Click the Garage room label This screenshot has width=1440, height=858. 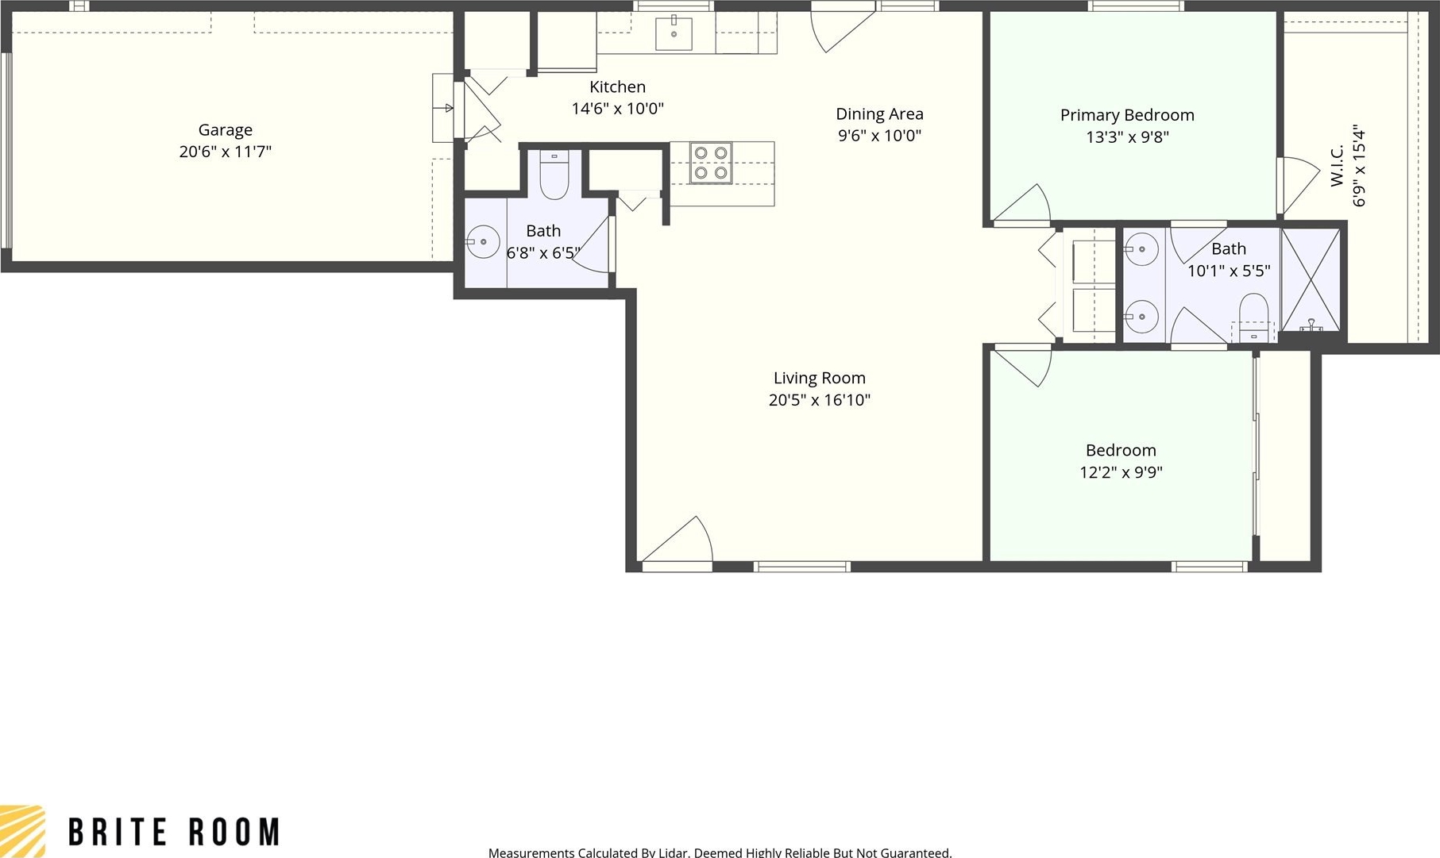(x=226, y=129)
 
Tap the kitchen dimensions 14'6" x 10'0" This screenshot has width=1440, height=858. (x=618, y=108)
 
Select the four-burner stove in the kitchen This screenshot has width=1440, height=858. (x=711, y=163)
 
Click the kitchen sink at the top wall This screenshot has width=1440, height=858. (x=674, y=33)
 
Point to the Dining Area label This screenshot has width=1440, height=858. (x=879, y=114)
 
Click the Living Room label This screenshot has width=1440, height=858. (x=820, y=378)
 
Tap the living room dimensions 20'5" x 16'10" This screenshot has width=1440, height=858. (x=820, y=400)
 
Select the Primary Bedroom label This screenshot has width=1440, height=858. (x=1127, y=115)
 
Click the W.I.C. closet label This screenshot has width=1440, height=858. (x=1338, y=166)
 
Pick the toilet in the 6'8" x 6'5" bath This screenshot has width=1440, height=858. (x=554, y=175)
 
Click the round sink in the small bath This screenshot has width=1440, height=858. (x=482, y=242)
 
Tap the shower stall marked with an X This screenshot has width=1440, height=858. (x=1311, y=279)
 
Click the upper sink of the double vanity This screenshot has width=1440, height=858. (x=1141, y=249)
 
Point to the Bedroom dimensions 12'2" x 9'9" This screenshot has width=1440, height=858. (x=1121, y=472)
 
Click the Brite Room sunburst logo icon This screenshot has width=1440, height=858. (x=22, y=831)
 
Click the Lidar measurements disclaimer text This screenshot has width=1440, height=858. (x=720, y=852)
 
